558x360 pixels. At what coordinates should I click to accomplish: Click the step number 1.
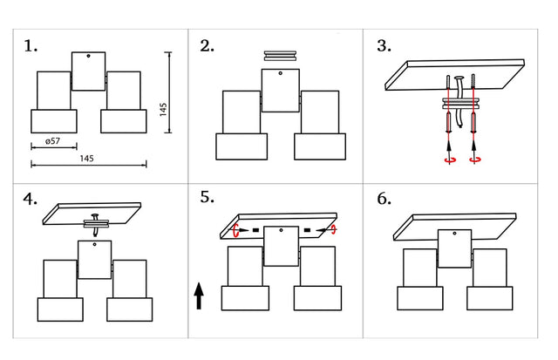point(31,46)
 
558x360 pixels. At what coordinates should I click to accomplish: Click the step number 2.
point(207,46)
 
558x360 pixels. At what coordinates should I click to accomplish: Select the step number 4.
point(31,199)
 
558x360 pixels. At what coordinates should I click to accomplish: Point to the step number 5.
point(208,197)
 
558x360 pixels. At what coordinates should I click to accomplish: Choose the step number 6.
point(384,199)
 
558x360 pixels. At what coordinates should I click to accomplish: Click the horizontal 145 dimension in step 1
point(86,158)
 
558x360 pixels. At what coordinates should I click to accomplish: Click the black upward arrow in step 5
point(200,295)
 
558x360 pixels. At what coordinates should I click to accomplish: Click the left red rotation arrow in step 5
point(237,230)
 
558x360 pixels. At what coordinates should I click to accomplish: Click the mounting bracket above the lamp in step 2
point(282,55)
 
